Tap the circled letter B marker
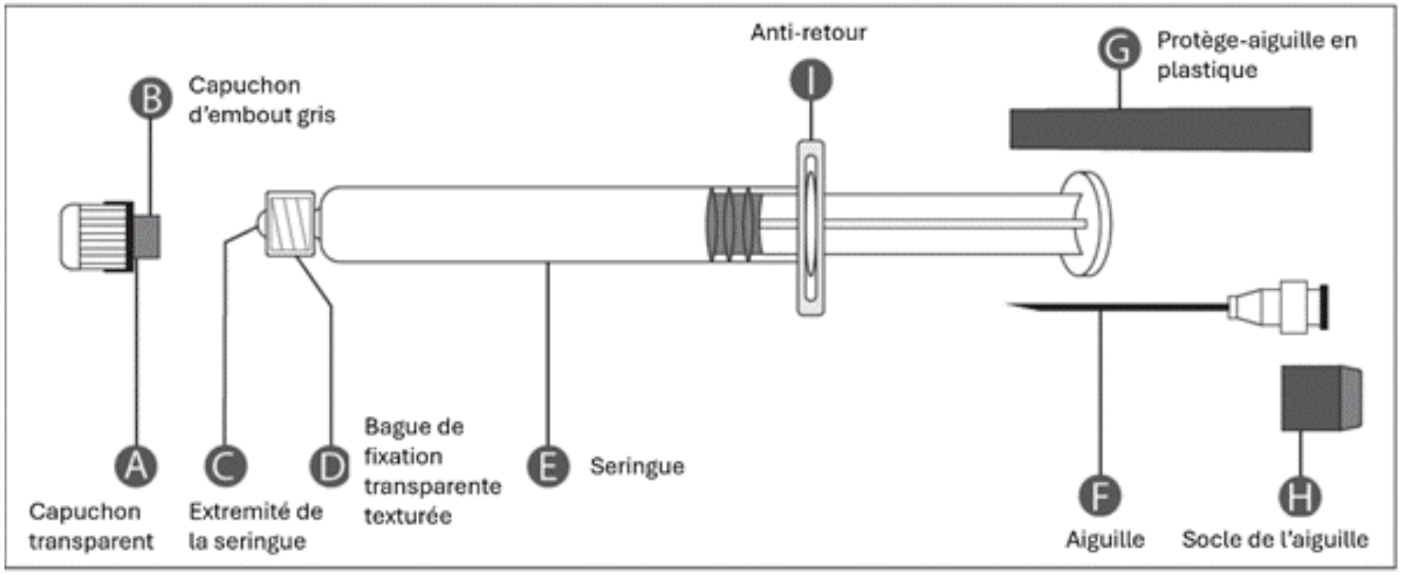tap(151, 98)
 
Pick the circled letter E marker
tap(548, 466)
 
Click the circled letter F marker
tap(1100, 495)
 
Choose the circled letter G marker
tap(1119, 49)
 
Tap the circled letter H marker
tap(1300, 495)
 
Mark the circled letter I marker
tap(811, 80)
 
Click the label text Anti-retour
tap(809, 33)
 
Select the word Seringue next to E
tap(637, 467)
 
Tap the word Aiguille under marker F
tap(1105, 539)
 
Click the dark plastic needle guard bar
tap(1160, 129)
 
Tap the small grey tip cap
tap(147, 236)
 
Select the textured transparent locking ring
tap(290, 224)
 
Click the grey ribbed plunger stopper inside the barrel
tap(733, 224)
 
